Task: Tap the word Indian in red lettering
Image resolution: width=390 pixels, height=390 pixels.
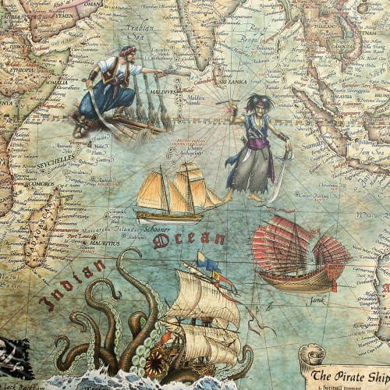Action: [73, 285]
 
